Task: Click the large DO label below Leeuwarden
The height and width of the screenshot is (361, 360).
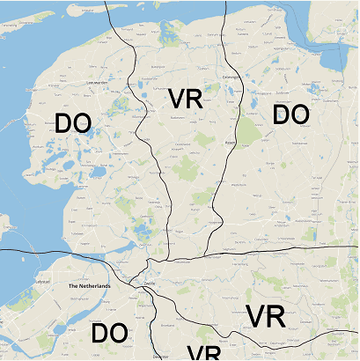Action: click(73, 124)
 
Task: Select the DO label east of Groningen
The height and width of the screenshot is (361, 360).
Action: click(290, 114)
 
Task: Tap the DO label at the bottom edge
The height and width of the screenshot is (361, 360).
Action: click(109, 334)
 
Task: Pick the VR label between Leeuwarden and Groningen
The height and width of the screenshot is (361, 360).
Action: click(185, 99)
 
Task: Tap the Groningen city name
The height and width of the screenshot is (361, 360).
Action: click(231, 77)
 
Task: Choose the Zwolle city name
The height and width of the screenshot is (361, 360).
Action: click(149, 283)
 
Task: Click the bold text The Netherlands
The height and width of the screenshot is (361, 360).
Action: click(90, 287)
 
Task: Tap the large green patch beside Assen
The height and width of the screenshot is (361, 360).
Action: click(250, 132)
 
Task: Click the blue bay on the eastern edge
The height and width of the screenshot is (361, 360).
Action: click(334, 62)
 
